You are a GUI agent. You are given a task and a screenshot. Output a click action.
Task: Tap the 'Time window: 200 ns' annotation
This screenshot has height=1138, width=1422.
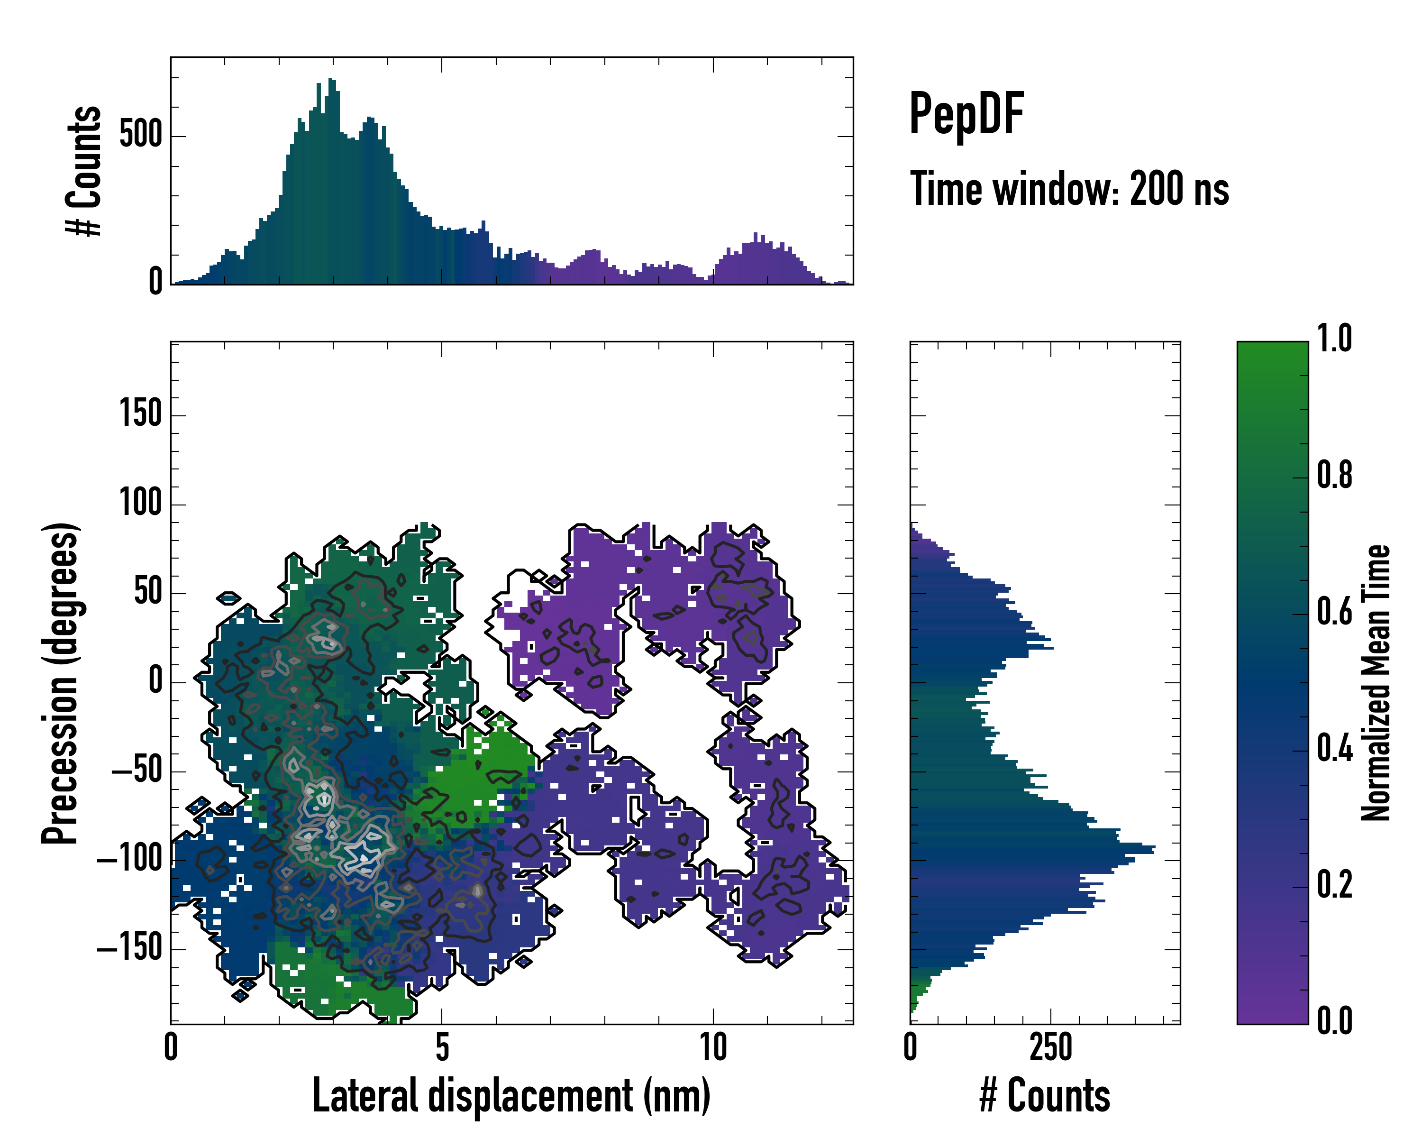coord(1069,189)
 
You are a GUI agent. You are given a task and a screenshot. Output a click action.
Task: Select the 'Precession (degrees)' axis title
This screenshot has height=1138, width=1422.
coord(61,683)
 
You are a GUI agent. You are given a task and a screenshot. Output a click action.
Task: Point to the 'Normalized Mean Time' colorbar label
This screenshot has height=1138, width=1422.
coord(1376,683)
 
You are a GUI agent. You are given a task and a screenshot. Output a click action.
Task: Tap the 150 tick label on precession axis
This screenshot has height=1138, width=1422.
coord(140,415)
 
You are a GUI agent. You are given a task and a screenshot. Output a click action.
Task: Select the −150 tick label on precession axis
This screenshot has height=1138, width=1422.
coord(129,949)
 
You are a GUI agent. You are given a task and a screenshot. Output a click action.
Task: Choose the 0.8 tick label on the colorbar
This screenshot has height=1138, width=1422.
coord(1334,476)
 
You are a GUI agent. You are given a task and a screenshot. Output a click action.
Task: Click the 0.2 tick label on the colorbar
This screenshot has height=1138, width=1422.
coord(1334,885)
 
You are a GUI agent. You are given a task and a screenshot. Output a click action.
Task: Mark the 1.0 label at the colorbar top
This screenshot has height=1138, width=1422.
coord(1334,339)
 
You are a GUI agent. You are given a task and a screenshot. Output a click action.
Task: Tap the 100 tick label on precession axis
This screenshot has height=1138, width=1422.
coord(140,504)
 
